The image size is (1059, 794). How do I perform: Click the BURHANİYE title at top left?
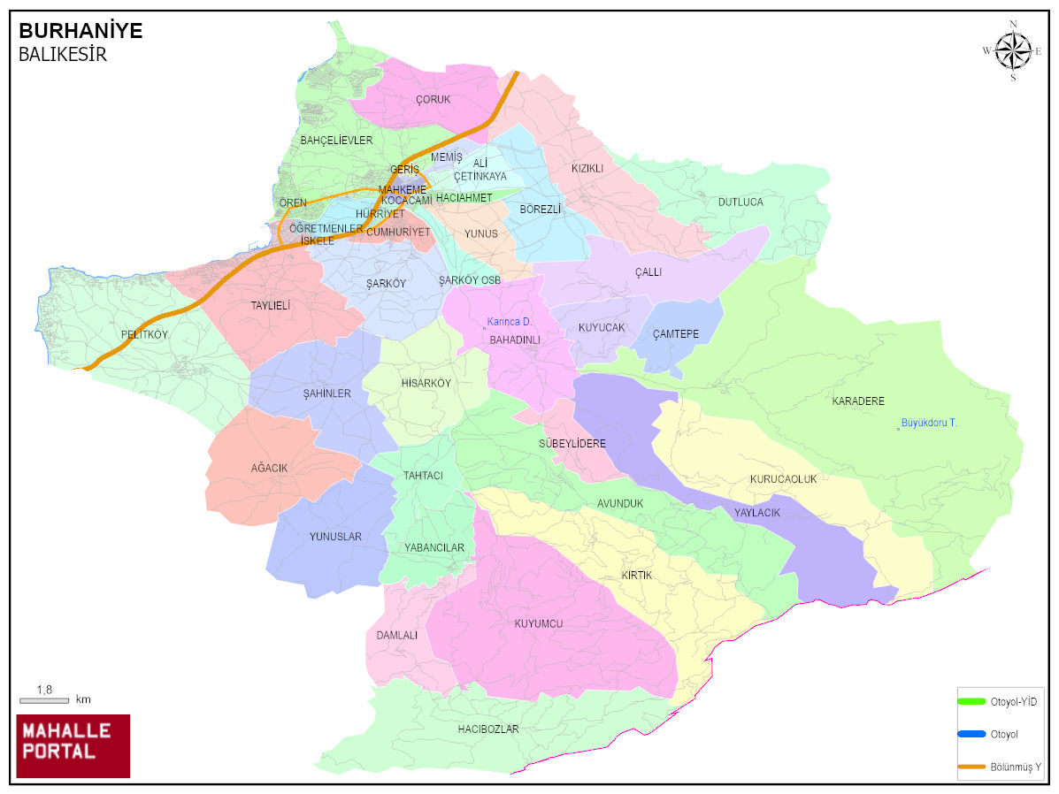tap(81, 31)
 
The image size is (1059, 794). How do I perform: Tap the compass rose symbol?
tap(1013, 50)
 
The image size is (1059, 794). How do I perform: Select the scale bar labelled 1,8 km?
tap(44, 700)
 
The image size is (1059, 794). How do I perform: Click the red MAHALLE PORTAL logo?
tap(73, 745)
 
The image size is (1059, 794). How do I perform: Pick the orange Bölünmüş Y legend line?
tap(971, 767)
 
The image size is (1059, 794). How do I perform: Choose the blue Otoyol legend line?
tap(971, 734)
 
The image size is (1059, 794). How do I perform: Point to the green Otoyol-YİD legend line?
tap(971, 701)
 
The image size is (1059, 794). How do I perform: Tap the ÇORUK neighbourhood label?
tap(433, 100)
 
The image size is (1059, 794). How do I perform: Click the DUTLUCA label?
tap(740, 202)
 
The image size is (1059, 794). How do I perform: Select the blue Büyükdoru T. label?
tap(928, 424)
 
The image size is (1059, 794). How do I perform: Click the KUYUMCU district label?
tap(539, 624)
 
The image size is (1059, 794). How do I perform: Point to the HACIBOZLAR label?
tap(488, 730)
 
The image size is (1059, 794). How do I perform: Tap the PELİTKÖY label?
tap(144, 335)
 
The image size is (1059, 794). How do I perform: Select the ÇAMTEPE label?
tap(676, 334)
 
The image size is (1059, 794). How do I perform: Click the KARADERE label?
tap(857, 401)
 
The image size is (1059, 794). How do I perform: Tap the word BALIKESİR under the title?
tap(62, 55)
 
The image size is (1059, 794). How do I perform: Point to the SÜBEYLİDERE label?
tap(572, 444)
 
